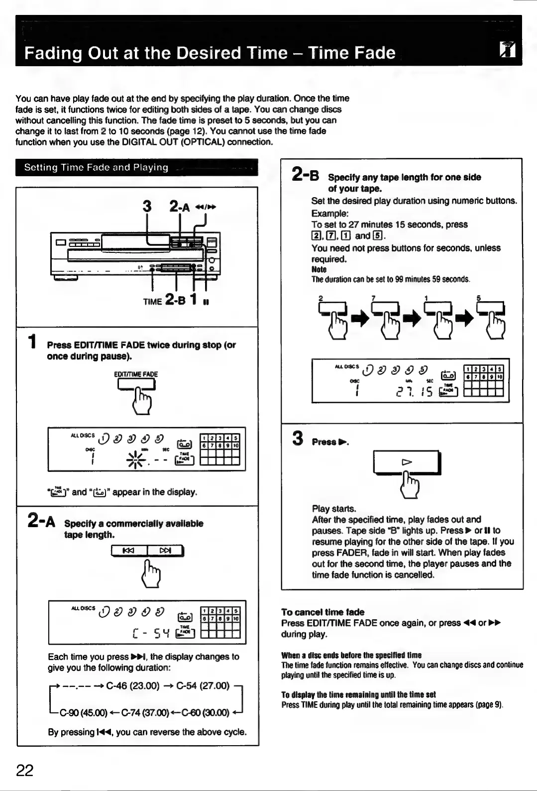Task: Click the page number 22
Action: point(25,770)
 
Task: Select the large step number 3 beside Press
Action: point(298,439)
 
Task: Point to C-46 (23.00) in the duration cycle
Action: point(133,686)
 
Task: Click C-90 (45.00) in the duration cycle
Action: point(84,712)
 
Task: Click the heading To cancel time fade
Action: point(322,612)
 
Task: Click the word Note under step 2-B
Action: point(319,269)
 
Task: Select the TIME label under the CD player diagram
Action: point(152,301)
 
